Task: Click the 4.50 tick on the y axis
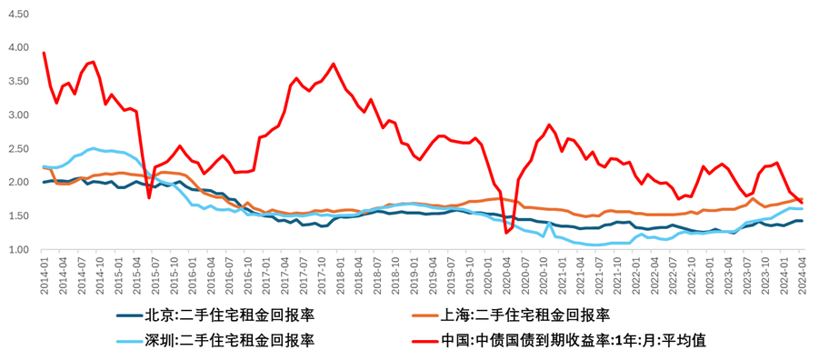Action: point(19,15)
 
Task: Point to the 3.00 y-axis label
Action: point(19,115)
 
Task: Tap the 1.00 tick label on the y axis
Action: point(19,250)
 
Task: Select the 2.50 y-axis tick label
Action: point(19,149)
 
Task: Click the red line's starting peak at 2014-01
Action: point(45,53)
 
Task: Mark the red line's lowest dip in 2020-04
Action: point(506,233)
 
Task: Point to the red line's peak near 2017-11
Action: point(334,64)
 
